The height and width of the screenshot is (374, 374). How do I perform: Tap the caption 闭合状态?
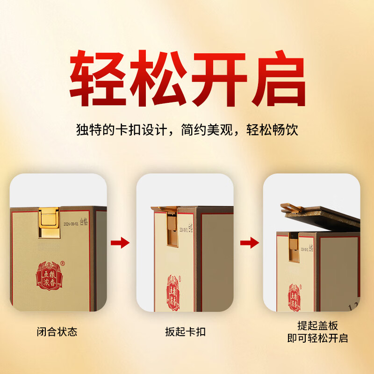(57, 332)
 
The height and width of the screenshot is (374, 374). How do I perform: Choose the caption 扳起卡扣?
(185, 332)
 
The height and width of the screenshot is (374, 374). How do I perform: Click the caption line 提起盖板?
(317, 326)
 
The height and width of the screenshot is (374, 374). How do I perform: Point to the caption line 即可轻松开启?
(317, 338)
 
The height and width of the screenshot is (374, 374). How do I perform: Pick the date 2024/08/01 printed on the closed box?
(72, 221)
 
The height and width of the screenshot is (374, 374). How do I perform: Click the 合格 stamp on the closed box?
(84, 220)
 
